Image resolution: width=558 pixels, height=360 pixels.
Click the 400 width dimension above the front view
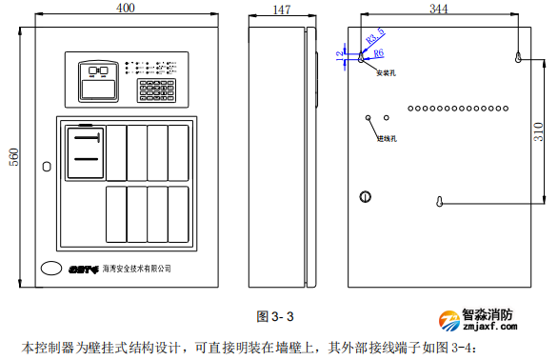click(124, 8)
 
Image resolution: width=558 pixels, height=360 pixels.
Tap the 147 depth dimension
click(281, 10)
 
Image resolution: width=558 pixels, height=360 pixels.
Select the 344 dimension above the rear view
click(438, 8)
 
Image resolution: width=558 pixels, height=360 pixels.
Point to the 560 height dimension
click(13, 156)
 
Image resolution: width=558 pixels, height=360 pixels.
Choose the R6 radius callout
click(378, 53)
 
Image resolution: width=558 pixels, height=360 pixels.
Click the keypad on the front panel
click(156, 91)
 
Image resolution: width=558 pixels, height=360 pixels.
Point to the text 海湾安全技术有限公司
click(136, 269)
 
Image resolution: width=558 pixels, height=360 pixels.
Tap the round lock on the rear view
click(365, 197)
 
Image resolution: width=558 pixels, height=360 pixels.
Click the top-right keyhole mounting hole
click(517, 58)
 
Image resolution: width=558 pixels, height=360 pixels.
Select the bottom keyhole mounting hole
click(439, 203)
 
